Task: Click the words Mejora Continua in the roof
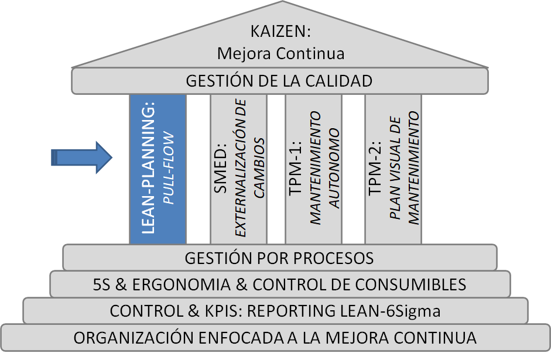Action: tap(280, 53)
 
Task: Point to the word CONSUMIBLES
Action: tap(413, 284)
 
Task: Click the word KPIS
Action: tap(202, 311)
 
